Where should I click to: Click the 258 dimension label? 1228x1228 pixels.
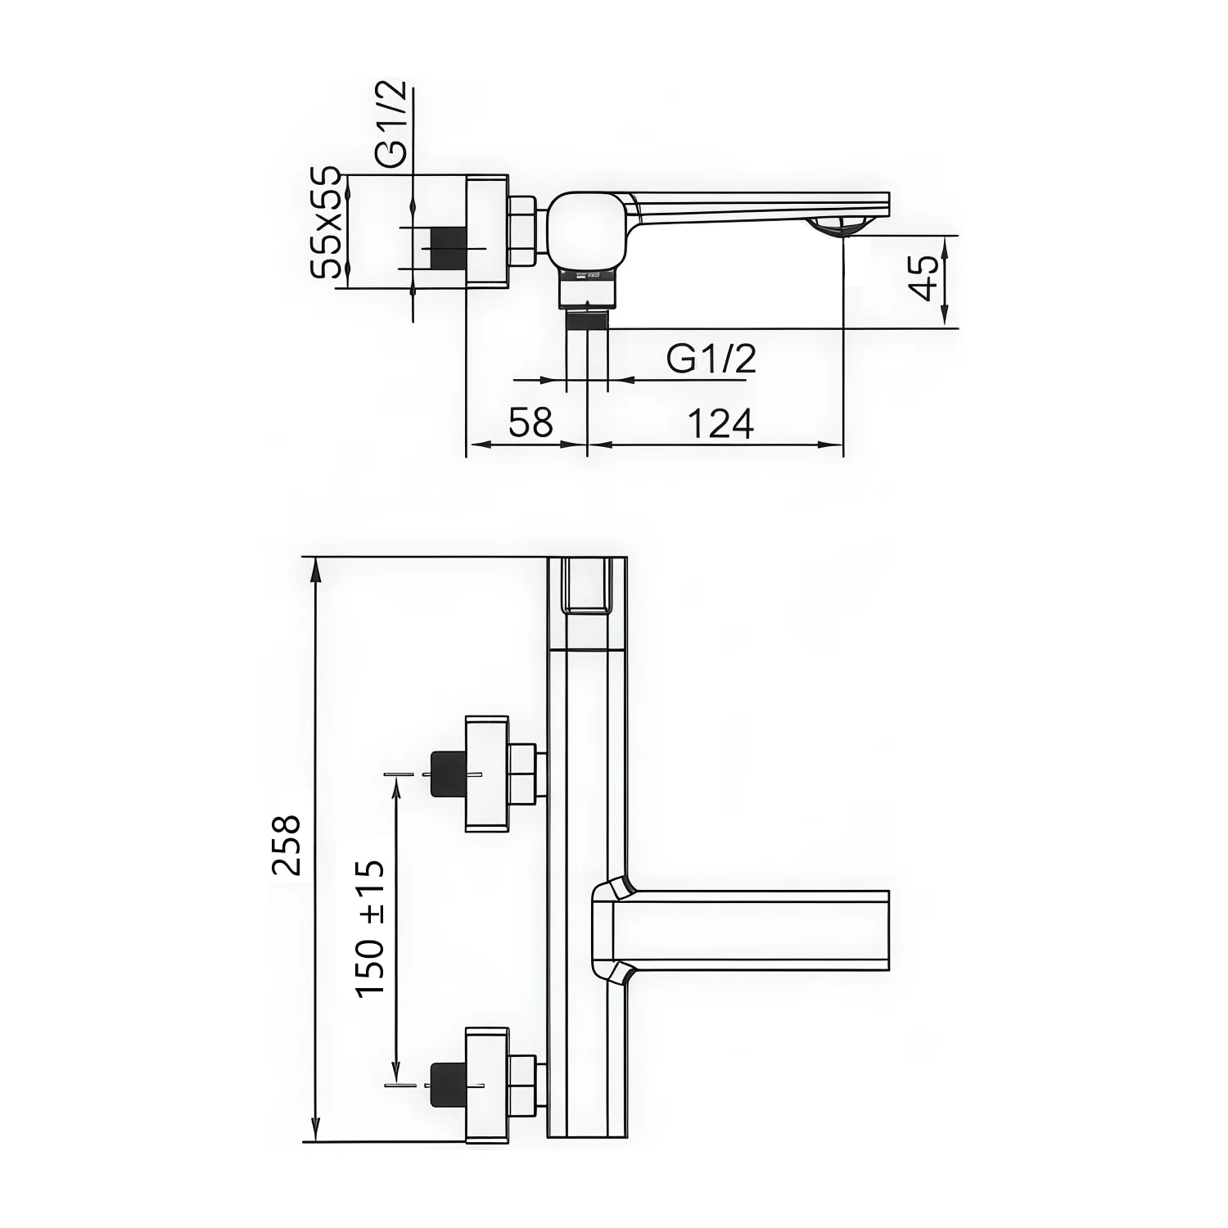(287, 845)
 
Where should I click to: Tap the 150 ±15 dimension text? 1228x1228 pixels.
(370, 928)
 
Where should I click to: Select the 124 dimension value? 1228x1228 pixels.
(720, 424)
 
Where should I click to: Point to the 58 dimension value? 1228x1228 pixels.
(530, 424)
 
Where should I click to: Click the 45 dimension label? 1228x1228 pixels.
(925, 278)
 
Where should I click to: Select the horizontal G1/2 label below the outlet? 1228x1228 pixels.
(711, 359)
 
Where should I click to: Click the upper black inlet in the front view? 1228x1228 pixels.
(447, 773)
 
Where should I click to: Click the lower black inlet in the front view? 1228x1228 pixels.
(447, 1084)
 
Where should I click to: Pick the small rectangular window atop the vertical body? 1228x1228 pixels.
(587, 585)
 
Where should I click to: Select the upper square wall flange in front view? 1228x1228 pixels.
(486, 774)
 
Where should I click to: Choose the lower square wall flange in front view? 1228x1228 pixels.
(486, 1084)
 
